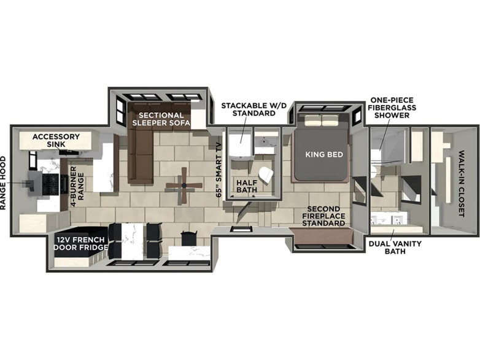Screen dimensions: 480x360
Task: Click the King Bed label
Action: pos(324,154)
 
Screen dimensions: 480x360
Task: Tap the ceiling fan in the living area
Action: pos(184,186)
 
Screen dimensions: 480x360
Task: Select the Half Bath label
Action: pos(246,186)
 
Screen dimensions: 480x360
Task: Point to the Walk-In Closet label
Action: pos(462,184)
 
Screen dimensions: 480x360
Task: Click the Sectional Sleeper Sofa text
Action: pos(161,119)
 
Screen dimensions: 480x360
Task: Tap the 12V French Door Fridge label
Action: pos(81,243)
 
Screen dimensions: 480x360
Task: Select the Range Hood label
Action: pos(3,183)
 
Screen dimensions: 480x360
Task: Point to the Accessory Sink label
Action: pos(56,140)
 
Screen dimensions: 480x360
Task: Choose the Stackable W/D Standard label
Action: pos(254,109)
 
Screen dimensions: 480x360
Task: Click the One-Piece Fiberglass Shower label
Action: pos(392,108)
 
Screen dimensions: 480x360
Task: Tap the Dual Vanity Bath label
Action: pos(395,247)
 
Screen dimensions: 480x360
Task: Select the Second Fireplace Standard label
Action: pos(323,216)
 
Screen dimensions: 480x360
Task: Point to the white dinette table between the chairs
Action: pos(133,241)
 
